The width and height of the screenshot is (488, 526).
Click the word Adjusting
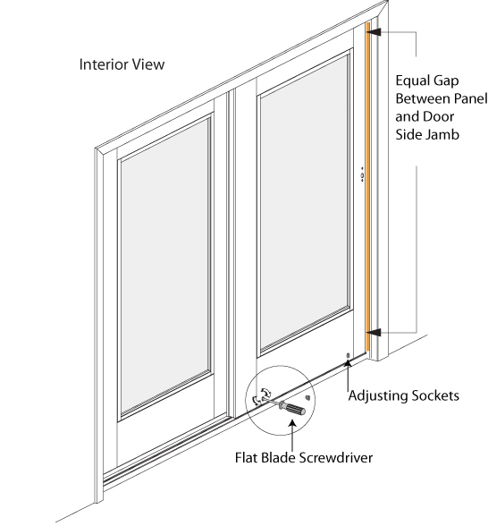(x=379, y=394)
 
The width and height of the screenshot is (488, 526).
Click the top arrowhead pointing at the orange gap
(x=374, y=31)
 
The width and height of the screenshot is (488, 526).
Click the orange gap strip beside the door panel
(x=367, y=179)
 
